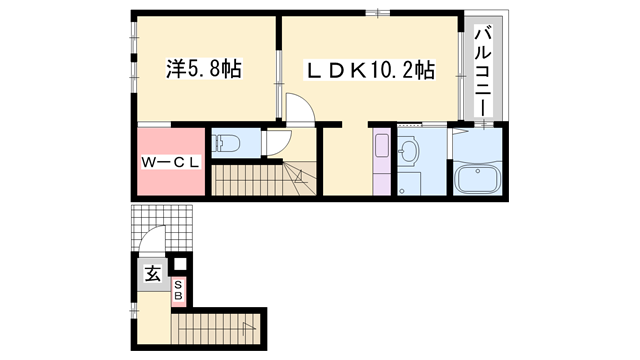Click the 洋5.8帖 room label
click(204, 69)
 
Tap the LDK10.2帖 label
click(370, 70)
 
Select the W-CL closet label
click(171, 162)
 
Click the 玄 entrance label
click(153, 273)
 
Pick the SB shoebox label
click(178, 290)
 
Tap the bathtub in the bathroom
click(478, 180)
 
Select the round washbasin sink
click(409, 152)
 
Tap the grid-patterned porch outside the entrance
click(162, 228)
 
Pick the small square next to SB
click(180, 264)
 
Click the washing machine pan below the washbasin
click(409, 184)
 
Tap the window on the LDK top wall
click(378, 13)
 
